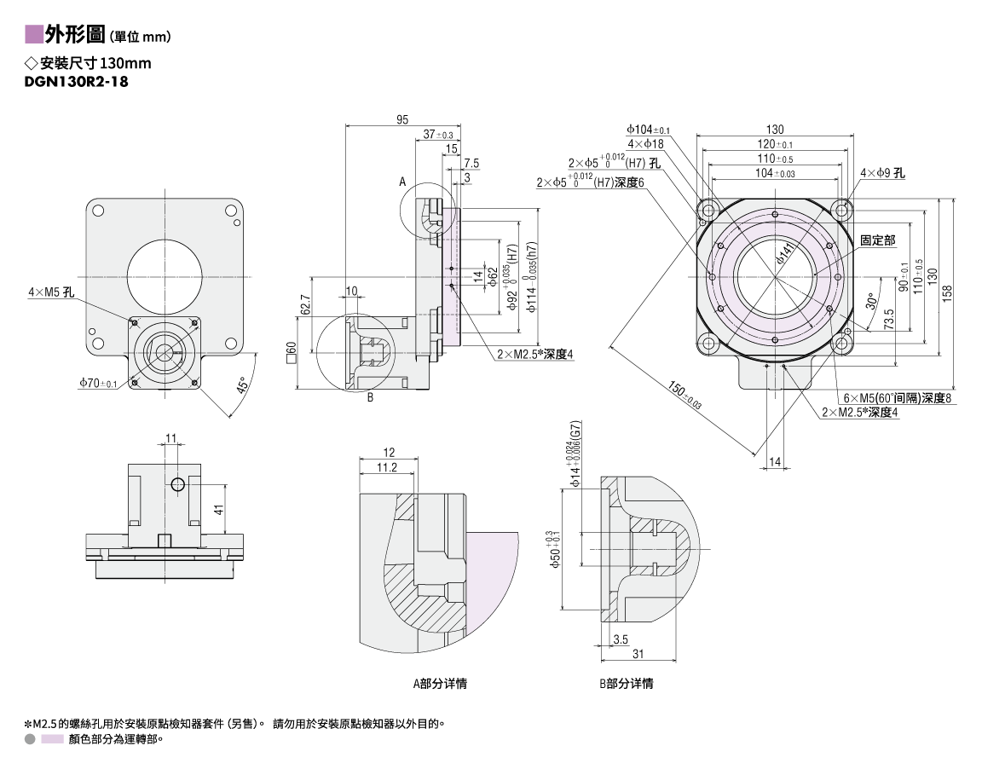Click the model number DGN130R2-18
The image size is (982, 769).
[77, 81]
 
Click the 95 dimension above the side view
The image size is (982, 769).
[402, 119]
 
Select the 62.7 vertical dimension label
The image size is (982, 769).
[306, 305]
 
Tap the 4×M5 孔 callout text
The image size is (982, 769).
[51, 292]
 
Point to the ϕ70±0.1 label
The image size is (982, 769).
[98, 383]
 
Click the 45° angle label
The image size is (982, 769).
[245, 384]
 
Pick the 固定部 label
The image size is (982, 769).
[877, 240]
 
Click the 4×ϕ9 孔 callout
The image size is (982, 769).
[882, 173]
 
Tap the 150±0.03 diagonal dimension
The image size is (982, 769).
[685, 396]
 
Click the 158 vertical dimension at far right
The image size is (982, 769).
[947, 294]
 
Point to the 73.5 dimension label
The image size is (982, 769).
[889, 320]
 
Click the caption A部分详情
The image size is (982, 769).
[440, 684]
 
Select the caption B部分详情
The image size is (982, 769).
[627, 684]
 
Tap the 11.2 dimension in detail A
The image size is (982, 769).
[387, 468]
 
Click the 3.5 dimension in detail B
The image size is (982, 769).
[620, 639]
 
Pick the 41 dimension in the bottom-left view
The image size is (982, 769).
[218, 510]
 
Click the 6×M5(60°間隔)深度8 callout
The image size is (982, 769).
[897, 398]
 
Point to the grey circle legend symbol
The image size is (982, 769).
[30, 739]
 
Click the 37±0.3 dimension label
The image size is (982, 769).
[438, 134]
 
